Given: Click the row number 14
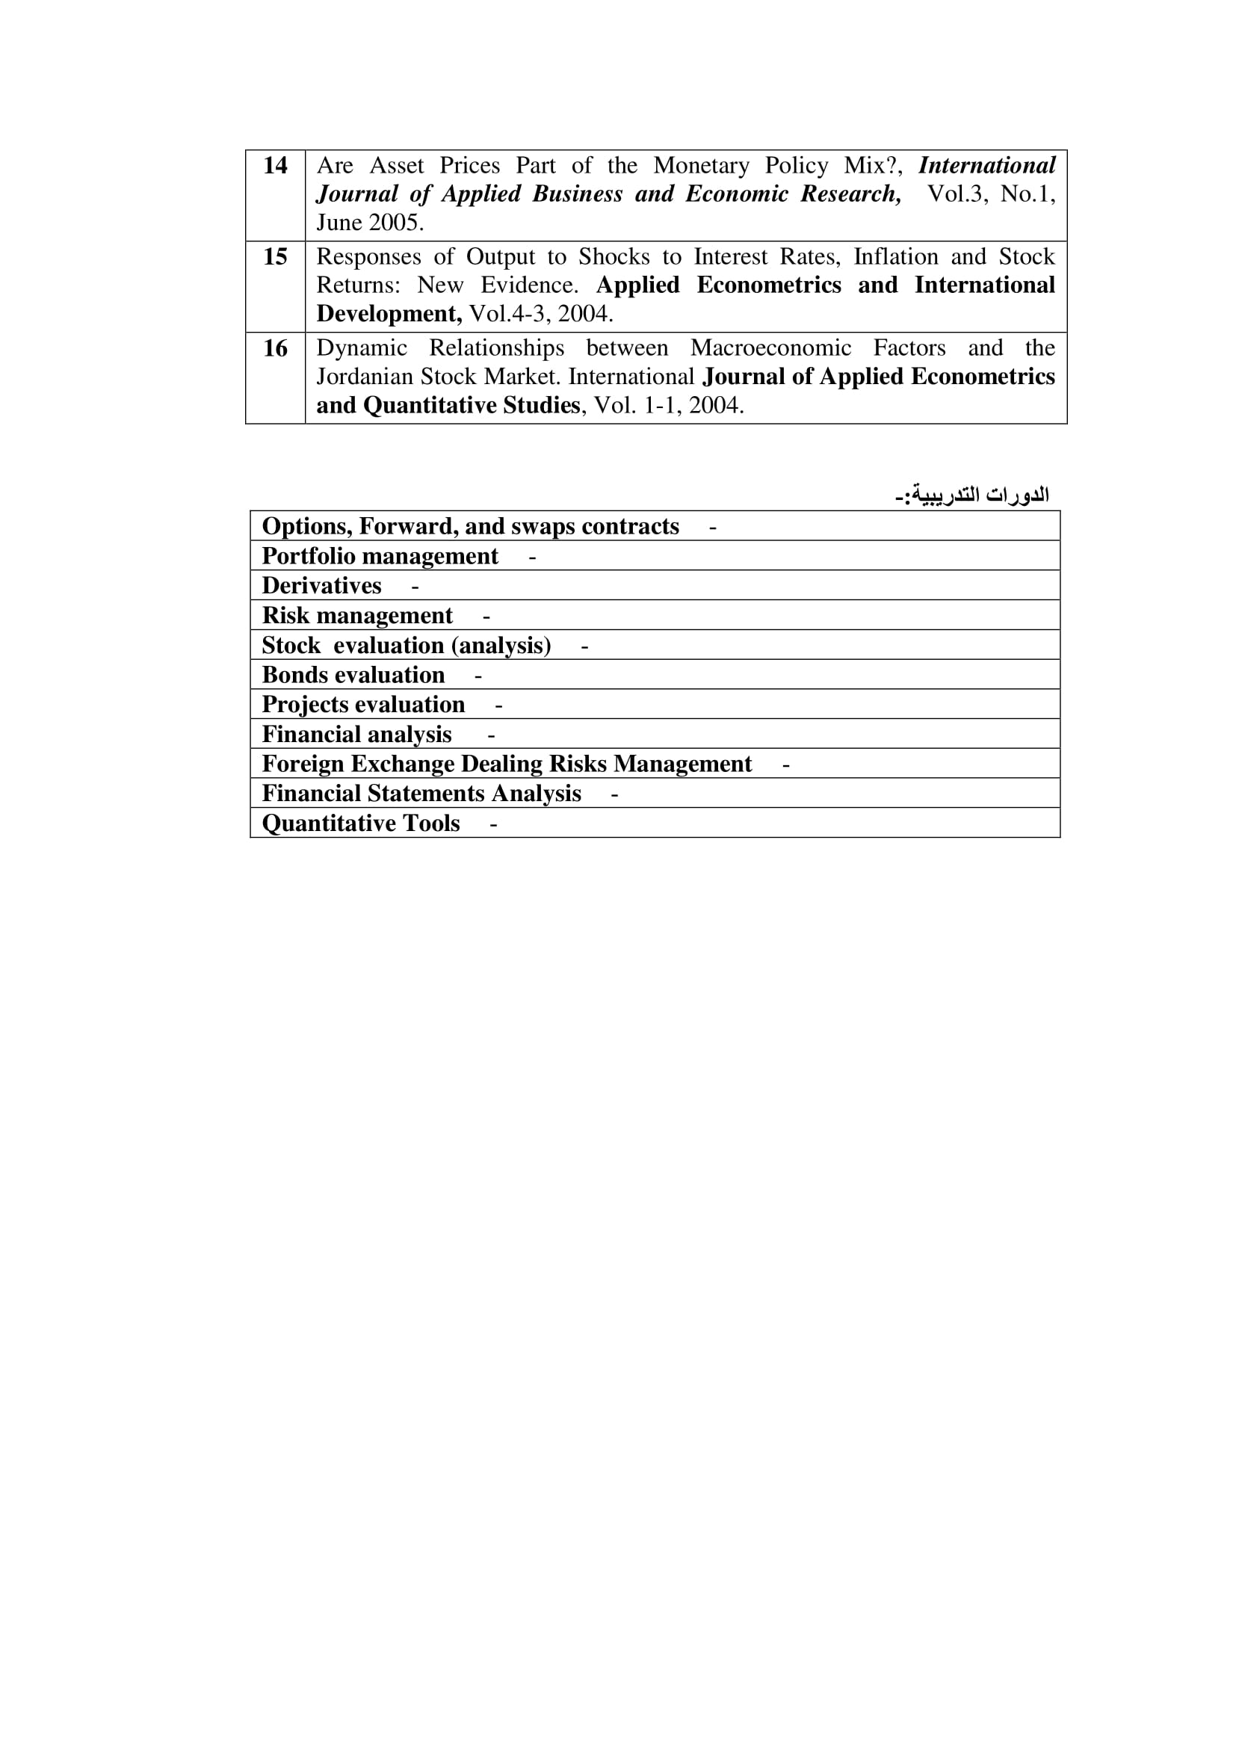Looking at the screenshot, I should pos(275,165).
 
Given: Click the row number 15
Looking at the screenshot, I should pos(275,256).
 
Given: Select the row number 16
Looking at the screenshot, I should pos(275,348).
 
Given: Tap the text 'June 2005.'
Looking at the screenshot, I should pos(370,222).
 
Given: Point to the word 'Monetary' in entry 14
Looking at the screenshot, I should pos(701,165).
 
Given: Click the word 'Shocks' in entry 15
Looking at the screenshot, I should pos(614,256).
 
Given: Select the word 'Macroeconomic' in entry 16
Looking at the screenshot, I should pos(770,348).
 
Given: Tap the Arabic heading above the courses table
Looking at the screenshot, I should pos(972,495).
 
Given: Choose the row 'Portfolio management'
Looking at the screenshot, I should pos(380,556).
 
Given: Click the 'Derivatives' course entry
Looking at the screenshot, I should pos(322,585).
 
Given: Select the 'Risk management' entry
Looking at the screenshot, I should pos(357,615).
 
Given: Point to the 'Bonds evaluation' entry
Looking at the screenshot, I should pos(353,675).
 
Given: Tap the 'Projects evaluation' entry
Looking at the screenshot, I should pos(363,704).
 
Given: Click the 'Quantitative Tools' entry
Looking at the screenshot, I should pos(361,823).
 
